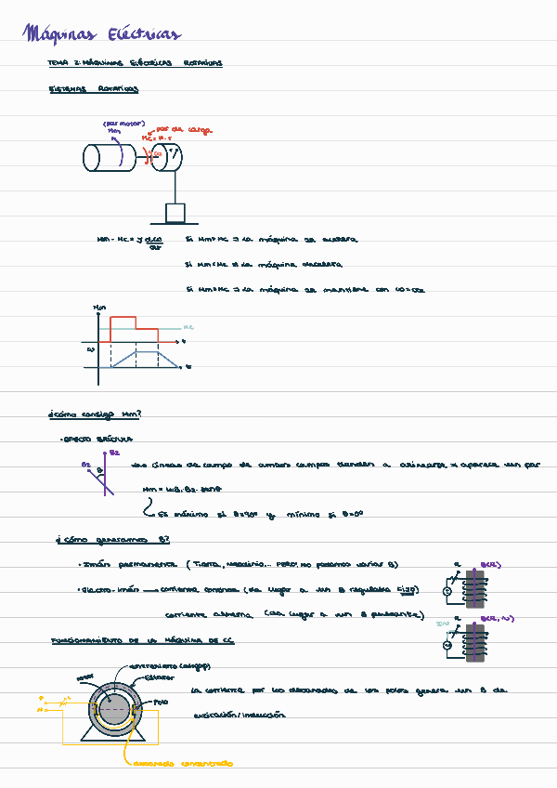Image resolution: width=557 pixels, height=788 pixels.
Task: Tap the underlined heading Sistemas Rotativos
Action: tap(93, 90)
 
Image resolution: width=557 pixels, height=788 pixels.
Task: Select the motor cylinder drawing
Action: tap(107, 158)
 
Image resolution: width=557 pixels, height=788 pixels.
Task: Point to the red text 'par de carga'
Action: tap(186, 130)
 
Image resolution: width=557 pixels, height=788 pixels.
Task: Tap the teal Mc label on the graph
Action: tap(188, 327)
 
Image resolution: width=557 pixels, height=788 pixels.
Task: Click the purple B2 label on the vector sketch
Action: tap(114, 453)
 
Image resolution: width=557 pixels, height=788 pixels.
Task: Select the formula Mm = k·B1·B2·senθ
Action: tap(182, 489)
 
